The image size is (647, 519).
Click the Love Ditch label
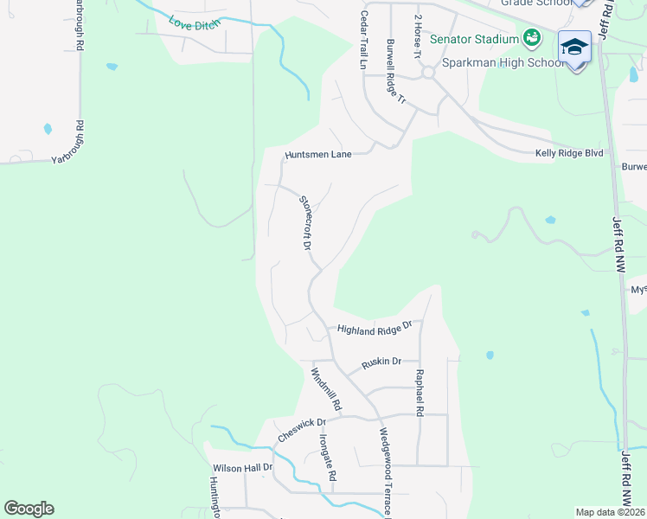tap(195, 24)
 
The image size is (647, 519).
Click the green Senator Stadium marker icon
tap(532, 38)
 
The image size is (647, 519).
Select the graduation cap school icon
tap(574, 46)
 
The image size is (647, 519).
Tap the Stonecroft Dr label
tap(305, 222)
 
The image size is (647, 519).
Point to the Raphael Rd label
tap(420, 394)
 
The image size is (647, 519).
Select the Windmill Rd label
tap(327, 389)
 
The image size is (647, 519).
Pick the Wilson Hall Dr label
tap(242, 467)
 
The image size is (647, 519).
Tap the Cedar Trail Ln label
tap(365, 42)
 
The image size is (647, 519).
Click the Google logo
tap(29, 509)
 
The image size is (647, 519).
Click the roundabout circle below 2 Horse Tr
tap(426, 74)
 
